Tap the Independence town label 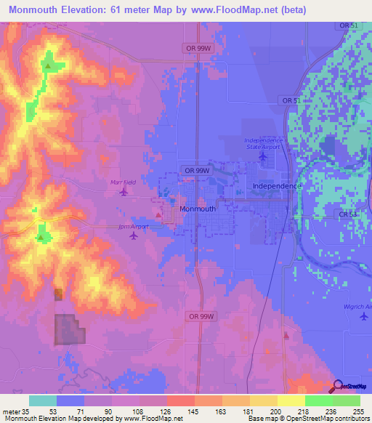[x=276, y=186]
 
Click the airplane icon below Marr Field [x=124, y=192]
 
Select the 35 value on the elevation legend [x=26, y=411]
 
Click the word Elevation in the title [x=92, y=9]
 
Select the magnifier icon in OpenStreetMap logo [x=338, y=386]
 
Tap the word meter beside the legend [x=11, y=411]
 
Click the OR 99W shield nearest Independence [x=197, y=169]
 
